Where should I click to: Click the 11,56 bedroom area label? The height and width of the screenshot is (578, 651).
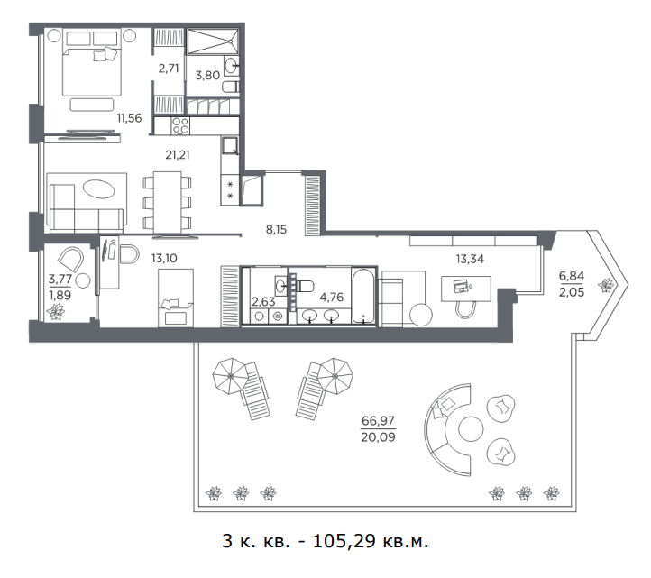click(129, 118)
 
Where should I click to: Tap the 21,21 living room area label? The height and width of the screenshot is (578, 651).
click(178, 155)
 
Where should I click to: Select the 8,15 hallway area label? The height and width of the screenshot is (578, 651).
click(276, 229)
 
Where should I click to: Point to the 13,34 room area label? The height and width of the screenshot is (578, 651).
click(470, 259)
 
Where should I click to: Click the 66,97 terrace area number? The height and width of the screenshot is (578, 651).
click(378, 420)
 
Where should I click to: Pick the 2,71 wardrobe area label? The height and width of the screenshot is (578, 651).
click(169, 69)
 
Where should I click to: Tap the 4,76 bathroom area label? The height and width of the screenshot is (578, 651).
click(331, 297)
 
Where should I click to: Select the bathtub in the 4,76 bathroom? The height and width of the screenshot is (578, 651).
click(363, 296)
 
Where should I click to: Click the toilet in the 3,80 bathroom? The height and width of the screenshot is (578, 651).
click(231, 87)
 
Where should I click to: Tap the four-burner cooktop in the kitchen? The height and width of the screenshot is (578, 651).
click(180, 125)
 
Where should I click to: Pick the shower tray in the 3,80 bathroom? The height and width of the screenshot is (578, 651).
click(213, 41)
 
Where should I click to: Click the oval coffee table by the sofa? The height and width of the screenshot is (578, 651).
click(99, 189)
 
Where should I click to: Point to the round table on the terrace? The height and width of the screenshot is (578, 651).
click(471, 429)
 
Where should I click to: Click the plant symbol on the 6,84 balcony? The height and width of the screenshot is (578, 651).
click(606, 285)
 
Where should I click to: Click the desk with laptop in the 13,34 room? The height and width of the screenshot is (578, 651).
click(466, 289)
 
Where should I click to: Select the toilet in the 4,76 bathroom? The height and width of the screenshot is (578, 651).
click(305, 286)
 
